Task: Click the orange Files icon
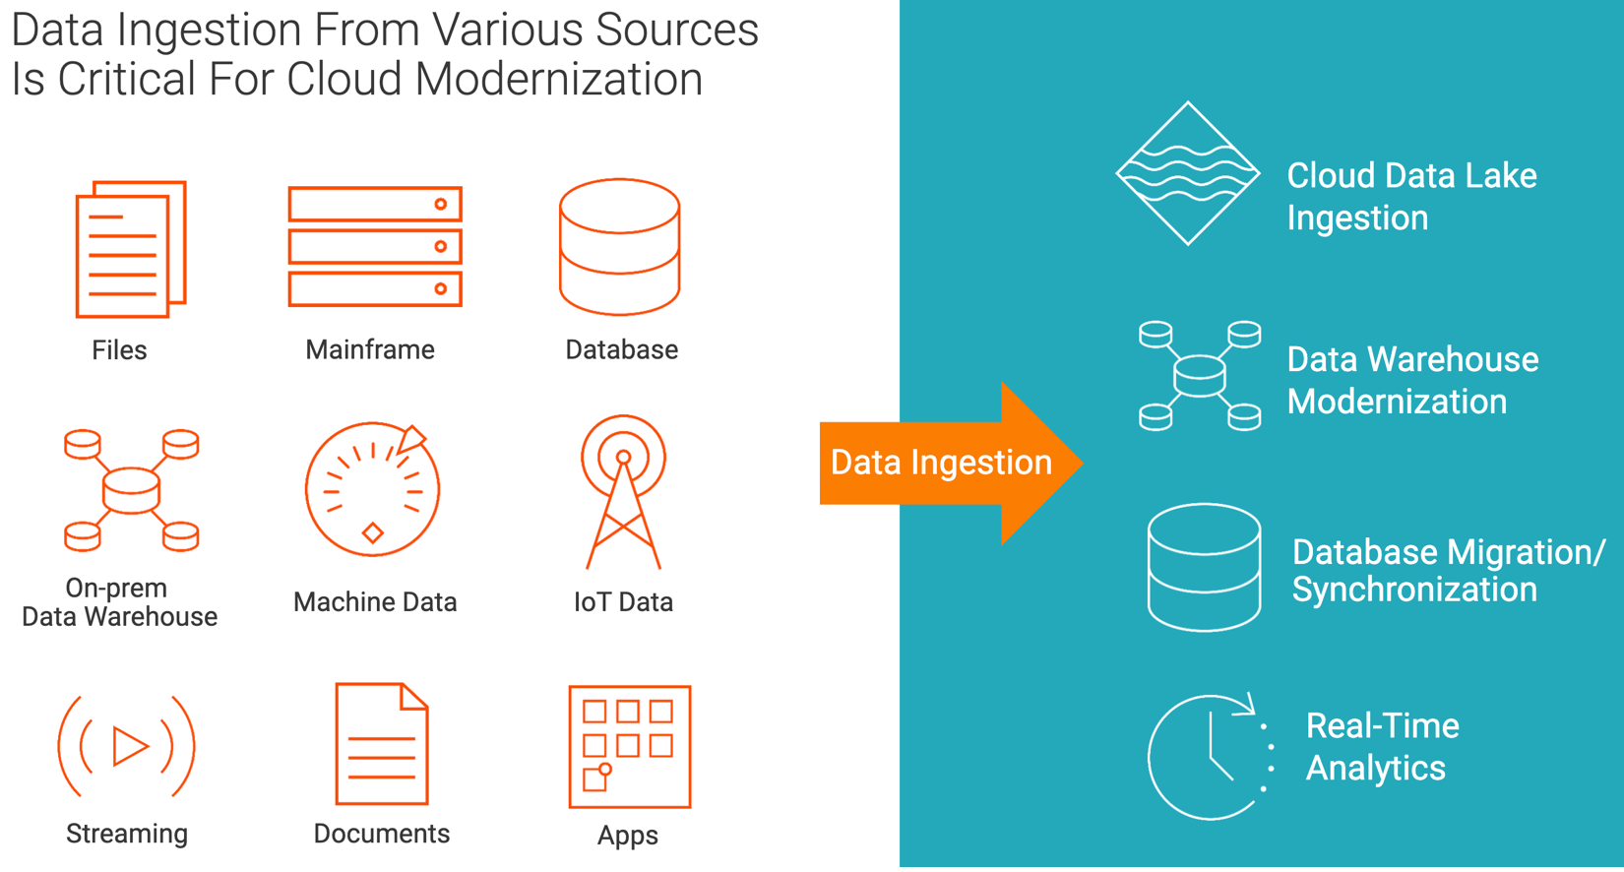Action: tap(130, 248)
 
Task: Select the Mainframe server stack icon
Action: tap(375, 246)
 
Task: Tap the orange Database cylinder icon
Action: tap(619, 246)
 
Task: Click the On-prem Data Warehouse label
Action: tap(119, 601)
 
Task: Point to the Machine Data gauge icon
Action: tap(372, 489)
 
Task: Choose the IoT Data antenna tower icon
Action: tap(623, 491)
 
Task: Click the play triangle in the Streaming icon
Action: tap(129, 746)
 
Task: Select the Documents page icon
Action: tap(382, 744)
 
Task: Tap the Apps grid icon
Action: tap(629, 746)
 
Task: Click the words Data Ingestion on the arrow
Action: tap(940, 462)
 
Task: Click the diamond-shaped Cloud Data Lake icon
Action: tap(1187, 173)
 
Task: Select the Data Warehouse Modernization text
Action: tap(1411, 380)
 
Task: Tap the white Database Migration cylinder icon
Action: tap(1204, 567)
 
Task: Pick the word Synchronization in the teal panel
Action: tap(1413, 590)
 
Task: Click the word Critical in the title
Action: tap(128, 79)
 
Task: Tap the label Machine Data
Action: tap(375, 601)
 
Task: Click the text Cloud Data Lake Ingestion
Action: tap(1410, 196)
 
